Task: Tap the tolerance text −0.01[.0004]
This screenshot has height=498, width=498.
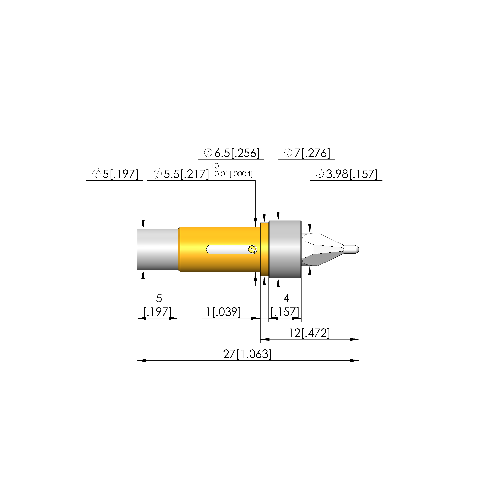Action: point(231,174)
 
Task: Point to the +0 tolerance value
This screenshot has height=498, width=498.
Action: point(214,166)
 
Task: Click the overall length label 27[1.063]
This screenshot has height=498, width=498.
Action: point(247,354)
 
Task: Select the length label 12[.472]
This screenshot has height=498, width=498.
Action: point(309,333)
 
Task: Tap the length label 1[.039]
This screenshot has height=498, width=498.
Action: point(223,312)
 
